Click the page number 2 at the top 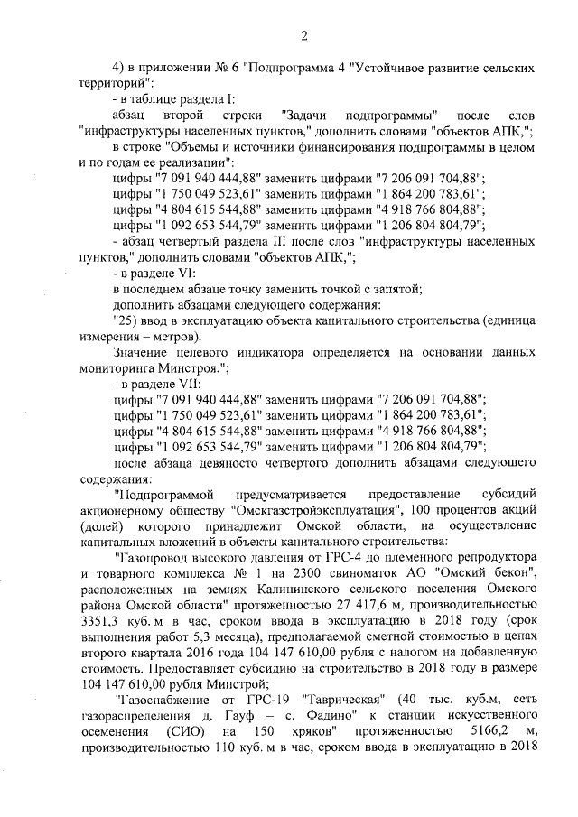(x=304, y=36)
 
